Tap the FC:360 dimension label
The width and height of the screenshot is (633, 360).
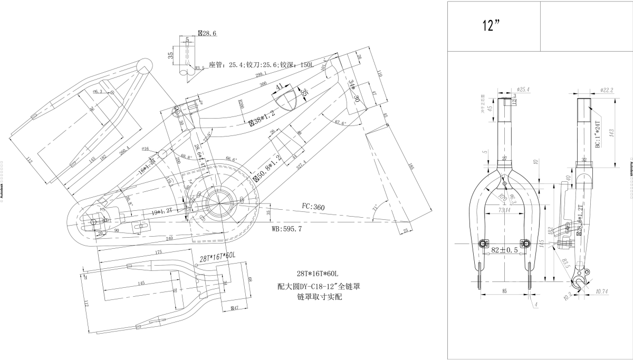(x=313, y=207)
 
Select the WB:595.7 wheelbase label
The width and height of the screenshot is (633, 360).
(x=286, y=229)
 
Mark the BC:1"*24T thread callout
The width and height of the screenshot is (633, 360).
(x=598, y=134)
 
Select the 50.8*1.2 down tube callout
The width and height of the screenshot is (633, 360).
(x=268, y=168)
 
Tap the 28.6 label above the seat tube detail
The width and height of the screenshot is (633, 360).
(x=207, y=33)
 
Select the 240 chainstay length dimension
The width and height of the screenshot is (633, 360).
(x=168, y=238)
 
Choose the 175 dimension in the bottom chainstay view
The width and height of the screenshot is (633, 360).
(x=158, y=253)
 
